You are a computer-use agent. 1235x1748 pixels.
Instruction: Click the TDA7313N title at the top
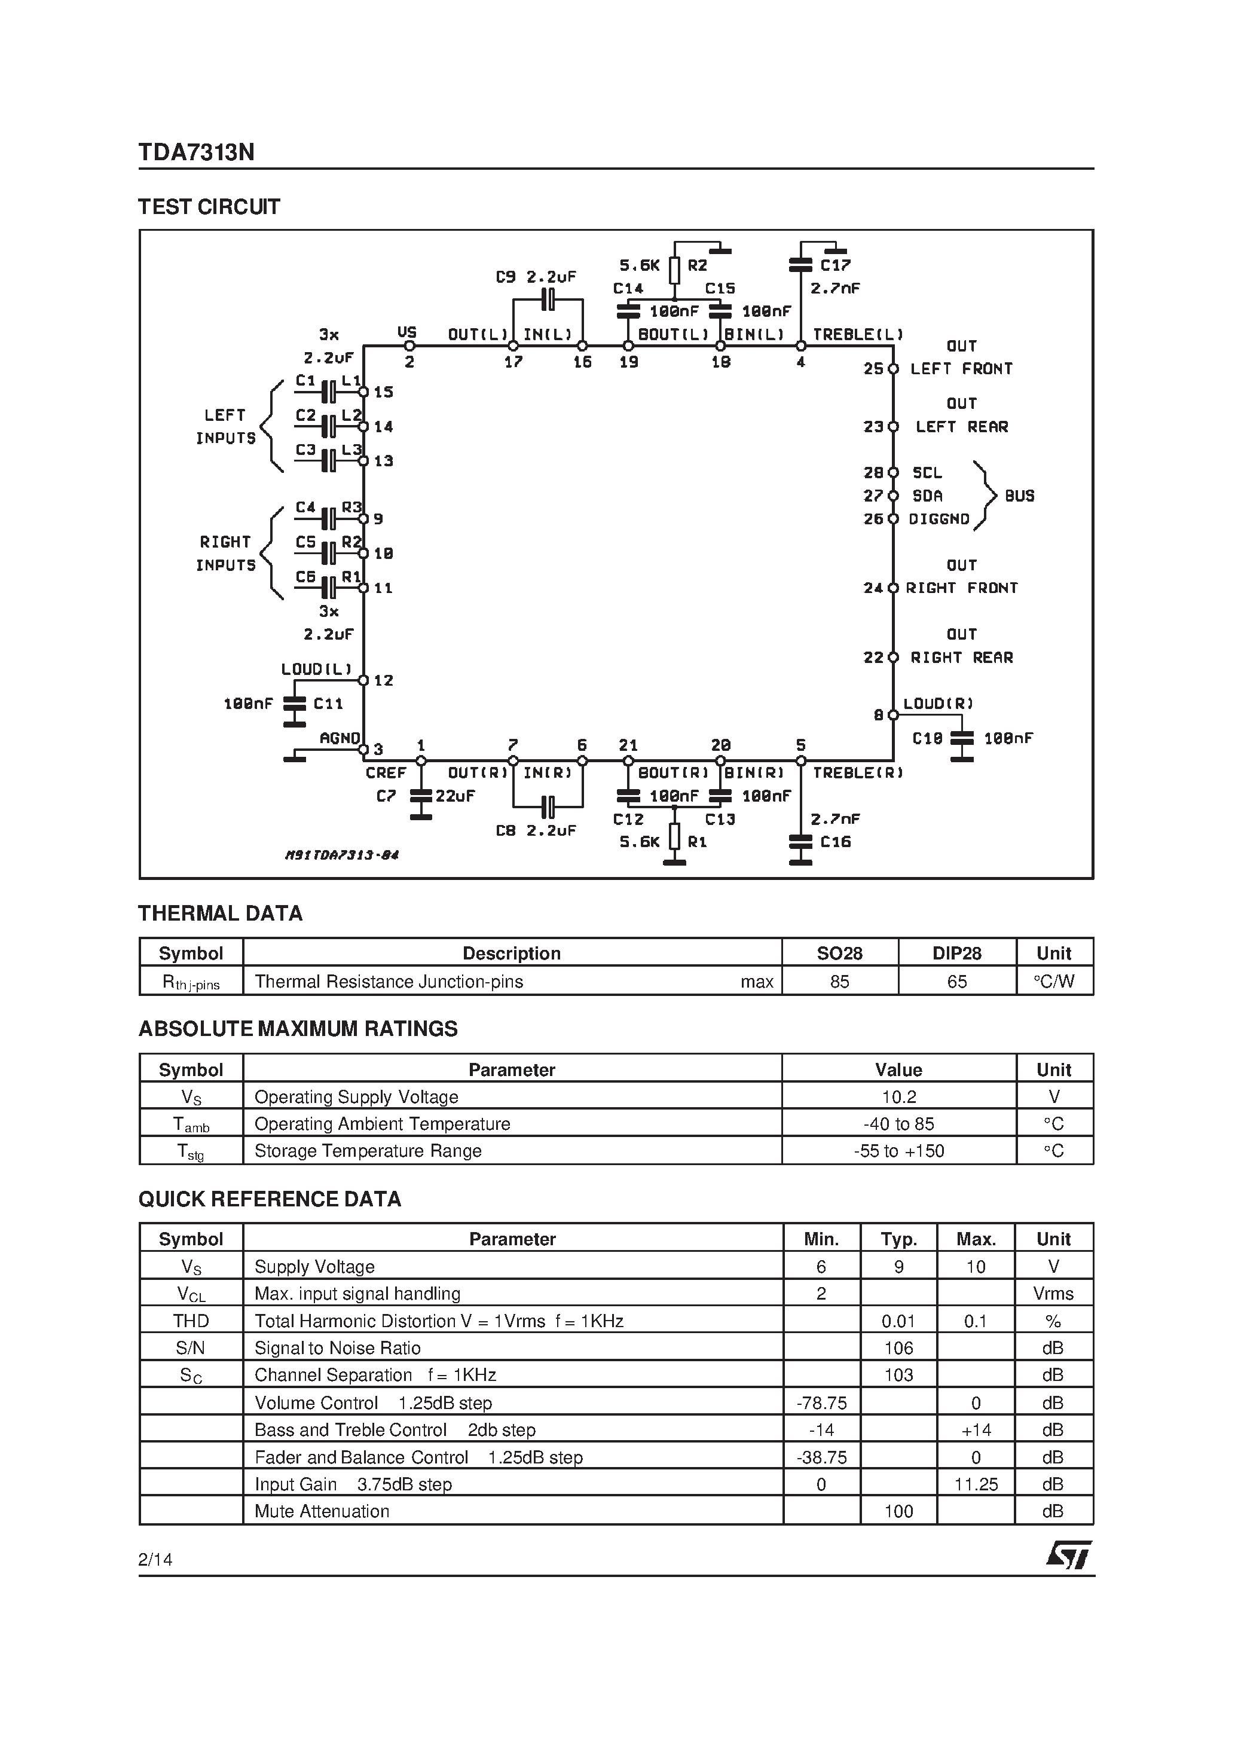pyautogui.click(x=197, y=153)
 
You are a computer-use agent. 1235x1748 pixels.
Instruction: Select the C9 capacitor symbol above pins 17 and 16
pyautogui.click(x=548, y=299)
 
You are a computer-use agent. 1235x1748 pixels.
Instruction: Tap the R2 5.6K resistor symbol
pyautogui.click(x=674, y=270)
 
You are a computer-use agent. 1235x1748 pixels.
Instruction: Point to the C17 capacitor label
pyautogui.click(x=835, y=265)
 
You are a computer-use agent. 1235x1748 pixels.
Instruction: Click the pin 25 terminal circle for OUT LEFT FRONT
pyautogui.click(x=893, y=368)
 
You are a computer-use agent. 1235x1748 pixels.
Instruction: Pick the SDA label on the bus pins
pyautogui.click(x=927, y=496)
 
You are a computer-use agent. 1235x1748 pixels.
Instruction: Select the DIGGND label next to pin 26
pyautogui.click(x=939, y=519)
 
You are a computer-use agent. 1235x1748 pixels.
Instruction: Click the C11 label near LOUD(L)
pyautogui.click(x=328, y=704)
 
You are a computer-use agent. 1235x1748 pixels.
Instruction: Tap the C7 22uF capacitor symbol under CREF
pyautogui.click(x=420, y=797)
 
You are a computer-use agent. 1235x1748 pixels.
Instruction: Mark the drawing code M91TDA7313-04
pyautogui.click(x=342, y=855)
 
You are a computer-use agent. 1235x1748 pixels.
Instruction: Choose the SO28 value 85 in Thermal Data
pyautogui.click(x=839, y=982)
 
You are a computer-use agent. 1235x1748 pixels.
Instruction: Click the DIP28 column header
pyautogui.click(x=956, y=953)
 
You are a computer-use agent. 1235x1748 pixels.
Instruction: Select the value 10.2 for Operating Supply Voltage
pyautogui.click(x=898, y=1097)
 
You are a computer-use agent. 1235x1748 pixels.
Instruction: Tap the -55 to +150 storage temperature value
pyautogui.click(x=898, y=1151)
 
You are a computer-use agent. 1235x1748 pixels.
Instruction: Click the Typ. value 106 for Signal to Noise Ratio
pyautogui.click(x=898, y=1348)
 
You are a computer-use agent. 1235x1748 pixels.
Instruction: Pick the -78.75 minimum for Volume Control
pyautogui.click(x=821, y=1403)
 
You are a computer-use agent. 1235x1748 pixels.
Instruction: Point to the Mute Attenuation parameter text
pyautogui.click(x=322, y=1511)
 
